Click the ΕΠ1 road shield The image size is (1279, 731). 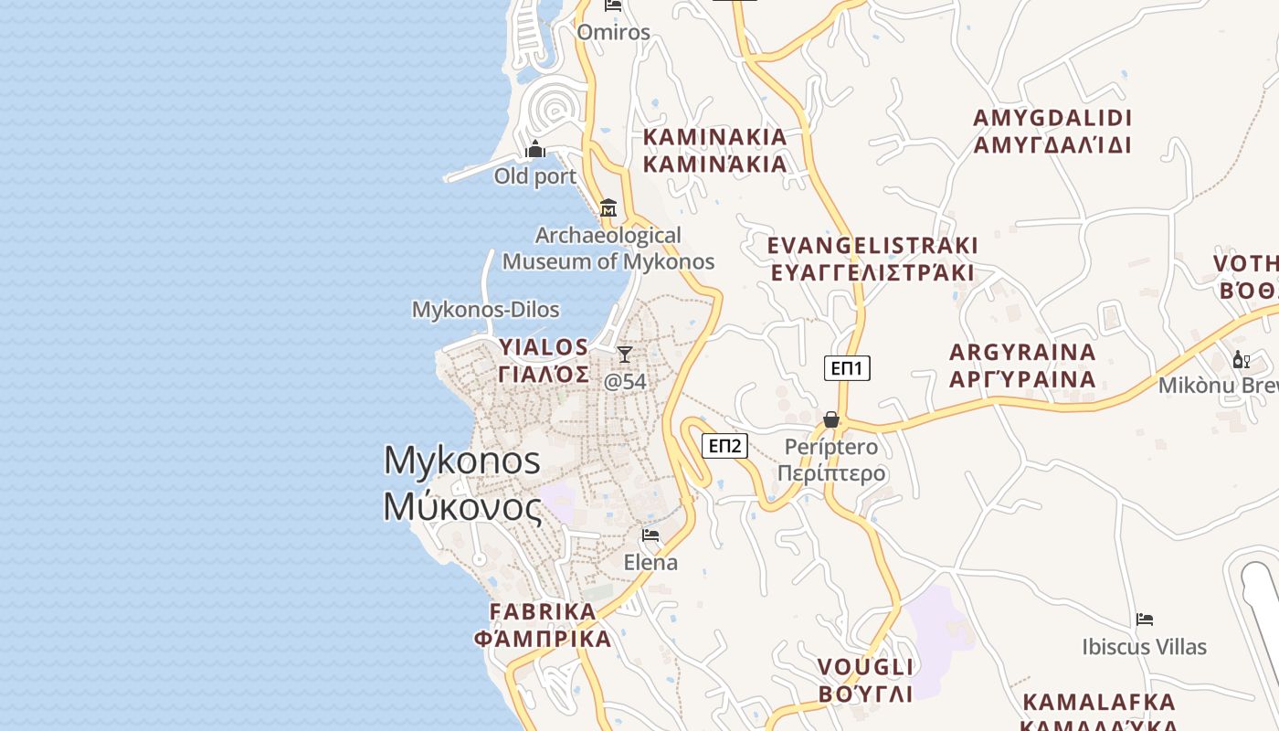pyautogui.click(x=847, y=368)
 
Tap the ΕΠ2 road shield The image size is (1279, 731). pyautogui.click(x=724, y=446)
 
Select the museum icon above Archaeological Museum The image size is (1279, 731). pyautogui.click(x=608, y=208)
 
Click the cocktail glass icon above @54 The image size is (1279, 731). pyautogui.click(x=625, y=355)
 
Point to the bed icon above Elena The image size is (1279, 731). pyautogui.click(x=650, y=535)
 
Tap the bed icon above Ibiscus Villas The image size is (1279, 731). pyautogui.click(x=1144, y=620)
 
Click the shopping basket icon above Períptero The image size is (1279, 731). pyautogui.click(x=831, y=419)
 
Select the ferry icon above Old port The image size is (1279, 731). pyautogui.click(x=535, y=149)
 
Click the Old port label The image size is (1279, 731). pyautogui.click(x=535, y=176)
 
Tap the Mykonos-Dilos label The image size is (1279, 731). pyautogui.click(x=485, y=310)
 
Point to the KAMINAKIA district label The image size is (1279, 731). pyautogui.click(x=714, y=137)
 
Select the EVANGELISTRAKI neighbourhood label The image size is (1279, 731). pyautogui.click(x=872, y=246)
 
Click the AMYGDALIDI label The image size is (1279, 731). pyautogui.click(x=1052, y=118)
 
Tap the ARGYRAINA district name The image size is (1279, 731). pyautogui.click(x=1022, y=353)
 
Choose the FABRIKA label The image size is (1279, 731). pyautogui.click(x=543, y=611)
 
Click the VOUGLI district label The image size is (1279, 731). pyautogui.click(x=865, y=666)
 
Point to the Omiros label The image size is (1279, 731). pyautogui.click(x=613, y=33)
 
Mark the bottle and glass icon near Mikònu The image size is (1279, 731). pyautogui.click(x=1241, y=359)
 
